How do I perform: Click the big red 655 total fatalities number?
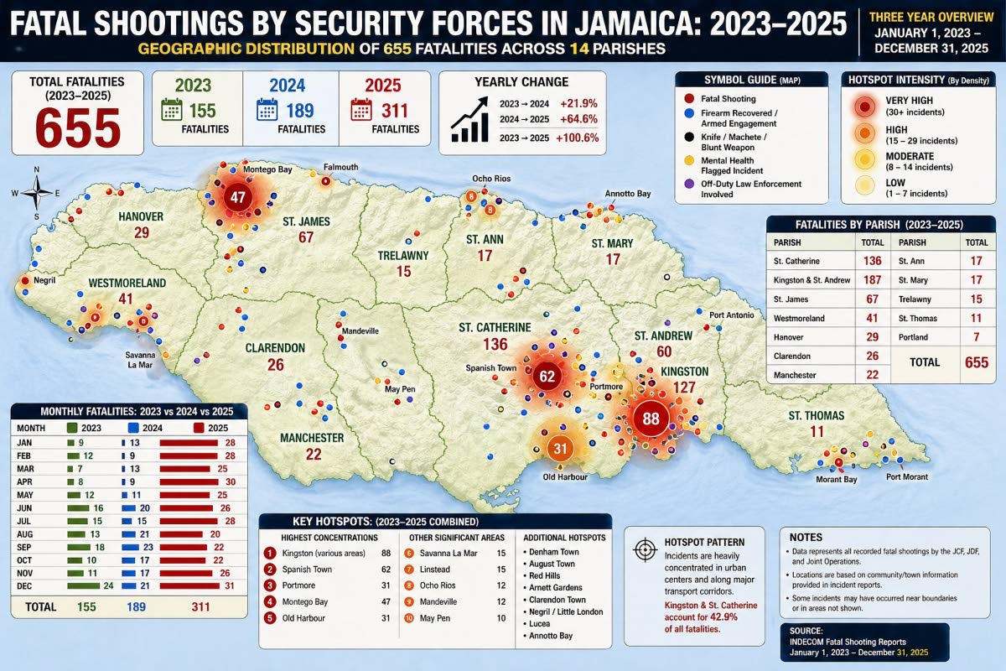point(78,127)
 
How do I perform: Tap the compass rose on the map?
point(37,194)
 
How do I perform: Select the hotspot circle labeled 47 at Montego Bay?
point(237,199)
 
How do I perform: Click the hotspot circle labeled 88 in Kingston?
point(650,418)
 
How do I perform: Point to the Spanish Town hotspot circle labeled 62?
point(547,377)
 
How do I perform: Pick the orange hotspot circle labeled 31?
point(560,447)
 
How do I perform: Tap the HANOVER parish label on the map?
point(140,216)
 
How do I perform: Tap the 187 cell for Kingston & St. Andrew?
point(872,279)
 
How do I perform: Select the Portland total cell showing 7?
point(977,337)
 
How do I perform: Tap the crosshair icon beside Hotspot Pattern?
point(644,549)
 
